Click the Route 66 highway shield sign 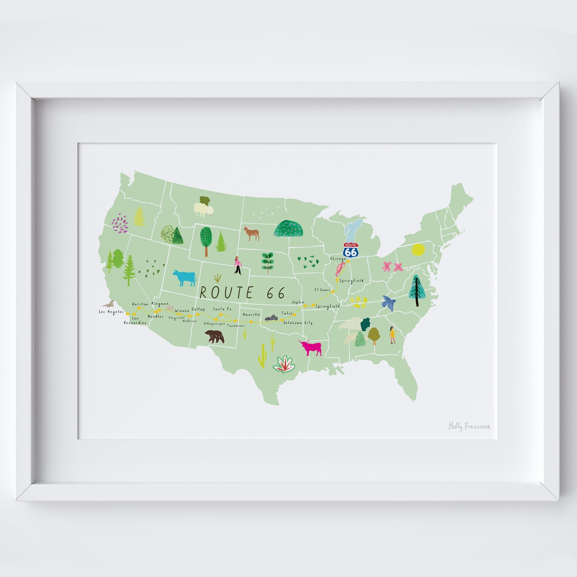[x=351, y=250]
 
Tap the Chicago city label [x=338, y=258]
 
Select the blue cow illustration [x=185, y=278]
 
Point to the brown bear [x=214, y=337]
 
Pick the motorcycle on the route [x=271, y=318]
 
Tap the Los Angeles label [x=111, y=312]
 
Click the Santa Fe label [x=222, y=309]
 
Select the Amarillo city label [x=251, y=314]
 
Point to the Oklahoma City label [x=298, y=323]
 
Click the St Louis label [x=322, y=290]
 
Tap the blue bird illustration [x=389, y=303]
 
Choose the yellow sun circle [x=417, y=250]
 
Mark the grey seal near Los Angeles [x=108, y=304]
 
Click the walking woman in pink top [x=237, y=265]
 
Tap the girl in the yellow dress [x=392, y=335]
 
